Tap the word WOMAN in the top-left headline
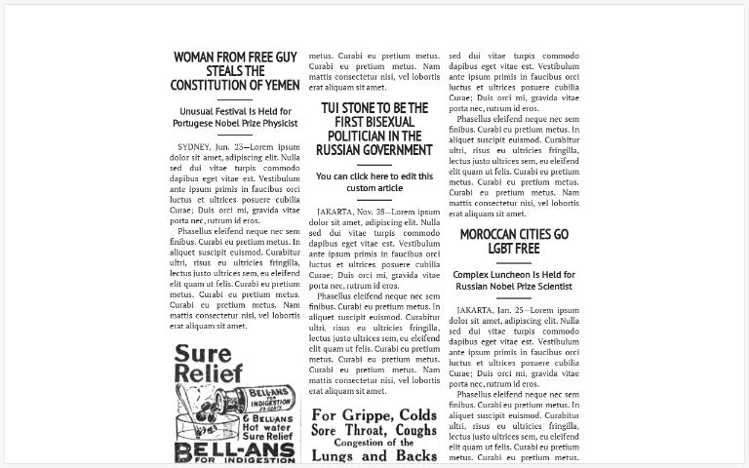point(199,58)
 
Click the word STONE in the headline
point(363,107)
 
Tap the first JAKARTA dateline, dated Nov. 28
point(337,212)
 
